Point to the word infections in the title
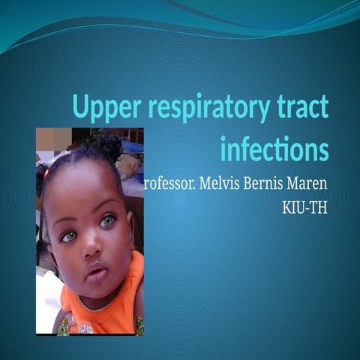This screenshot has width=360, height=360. coord(274,149)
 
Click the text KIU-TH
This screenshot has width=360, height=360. coord(304,207)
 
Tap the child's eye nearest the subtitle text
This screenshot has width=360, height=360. coord(109,220)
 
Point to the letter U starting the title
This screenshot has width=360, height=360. coord(81,109)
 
